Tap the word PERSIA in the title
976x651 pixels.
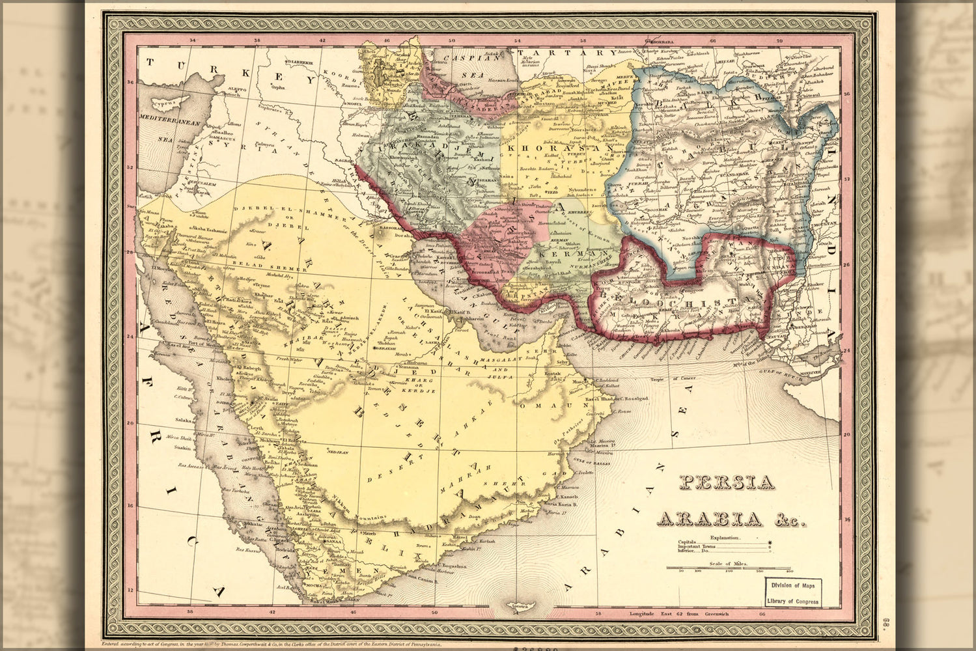pyautogui.click(x=727, y=482)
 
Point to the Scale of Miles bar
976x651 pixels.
pyautogui.click(x=728, y=569)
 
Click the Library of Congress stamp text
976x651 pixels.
pyautogui.click(x=793, y=602)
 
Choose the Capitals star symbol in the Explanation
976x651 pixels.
pyautogui.click(x=770, y=542)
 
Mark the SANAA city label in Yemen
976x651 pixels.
pyautogui.click(x=333, y=540)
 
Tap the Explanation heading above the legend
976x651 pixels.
pyautogui.click(x=725, y=538)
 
